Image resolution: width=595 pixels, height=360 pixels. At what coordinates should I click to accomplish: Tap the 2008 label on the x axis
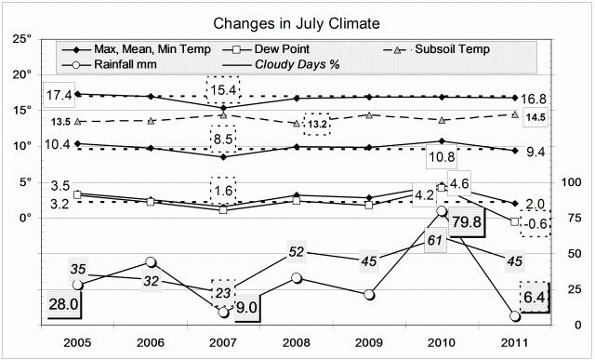[297, 342]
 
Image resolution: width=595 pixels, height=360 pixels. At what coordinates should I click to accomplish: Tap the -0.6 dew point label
[538, 223]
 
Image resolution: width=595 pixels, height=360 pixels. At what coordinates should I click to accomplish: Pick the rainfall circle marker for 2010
[443, 212]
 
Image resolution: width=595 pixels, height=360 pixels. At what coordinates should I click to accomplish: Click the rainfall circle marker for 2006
[152, 263]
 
